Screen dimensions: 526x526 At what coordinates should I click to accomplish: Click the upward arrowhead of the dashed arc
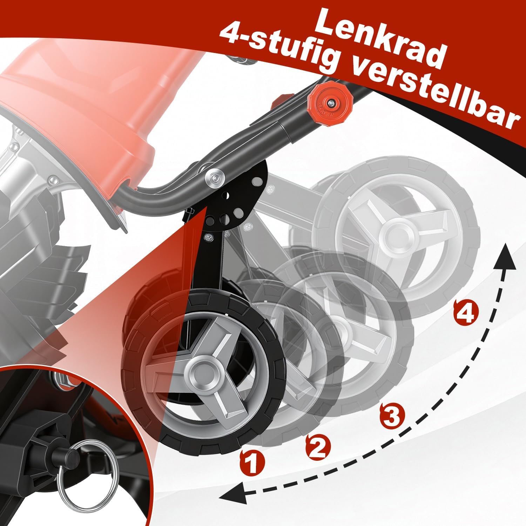[x=505, y=257]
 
